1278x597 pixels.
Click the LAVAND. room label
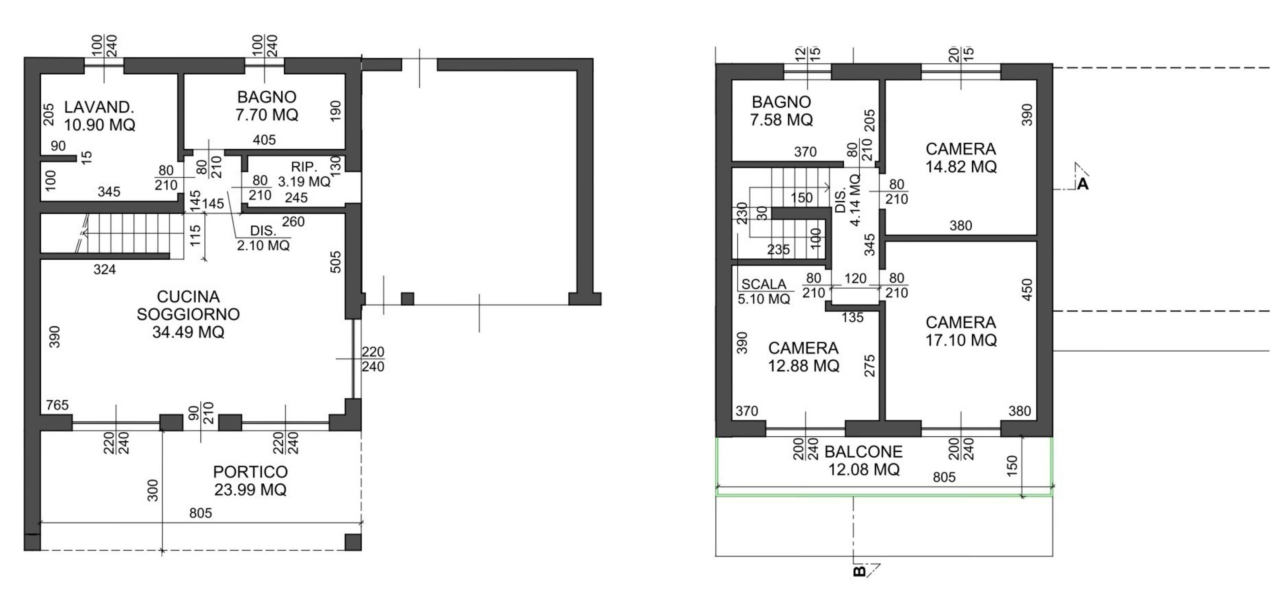[99, 107]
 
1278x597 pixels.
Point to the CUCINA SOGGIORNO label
[189, 305]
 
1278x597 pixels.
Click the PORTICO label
[251, 472]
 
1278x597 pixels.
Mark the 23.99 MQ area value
[251, 490]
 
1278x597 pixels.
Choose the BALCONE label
[864, 452]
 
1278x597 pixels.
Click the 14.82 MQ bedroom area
[961, 167]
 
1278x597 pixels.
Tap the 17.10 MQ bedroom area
[961, 341]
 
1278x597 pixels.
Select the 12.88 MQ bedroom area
[804, 366]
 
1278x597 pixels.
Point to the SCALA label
[764, 284]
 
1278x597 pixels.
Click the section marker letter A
[1083, 184]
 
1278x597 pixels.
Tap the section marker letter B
[859, 571]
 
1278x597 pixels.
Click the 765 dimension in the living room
[57, 405]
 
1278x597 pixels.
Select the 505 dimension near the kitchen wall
[336, 262]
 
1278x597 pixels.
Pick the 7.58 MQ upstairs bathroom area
[781, 120]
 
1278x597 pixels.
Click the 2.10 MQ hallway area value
[263, 246]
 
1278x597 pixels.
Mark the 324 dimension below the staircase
[105, 269]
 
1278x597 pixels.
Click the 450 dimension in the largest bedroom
[1027, 289]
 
